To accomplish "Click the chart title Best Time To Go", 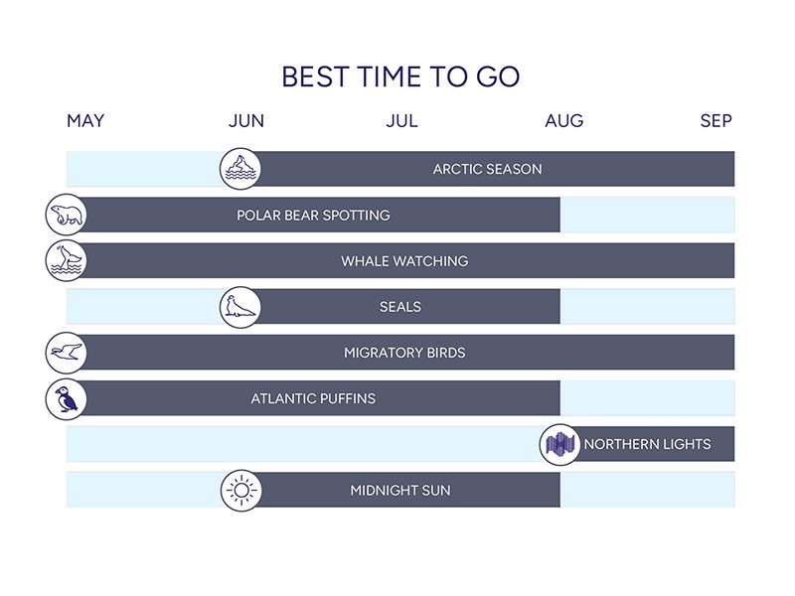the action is (400, 77).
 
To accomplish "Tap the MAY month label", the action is (85, 120).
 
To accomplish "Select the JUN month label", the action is (246, 120).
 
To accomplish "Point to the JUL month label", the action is (402, 120).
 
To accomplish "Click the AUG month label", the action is (564, 120).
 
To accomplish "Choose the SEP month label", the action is (715, 120).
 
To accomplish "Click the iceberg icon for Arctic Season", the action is (240, 169).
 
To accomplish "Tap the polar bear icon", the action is (66, 215).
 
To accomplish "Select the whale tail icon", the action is (66, 260).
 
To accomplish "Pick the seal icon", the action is (240, 307).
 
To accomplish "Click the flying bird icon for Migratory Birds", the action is (66, 353).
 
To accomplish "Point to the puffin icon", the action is (66, 398).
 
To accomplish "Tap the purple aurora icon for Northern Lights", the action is (559, 444).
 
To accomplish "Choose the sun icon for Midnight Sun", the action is (241, 490).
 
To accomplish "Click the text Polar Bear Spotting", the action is (313, 215).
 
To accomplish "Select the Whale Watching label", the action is (404, 261).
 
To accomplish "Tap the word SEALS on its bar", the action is (400, 307).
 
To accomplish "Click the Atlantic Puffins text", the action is (313, 398).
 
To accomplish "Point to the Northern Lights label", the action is (648, 444).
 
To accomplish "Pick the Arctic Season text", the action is (487, 169).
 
